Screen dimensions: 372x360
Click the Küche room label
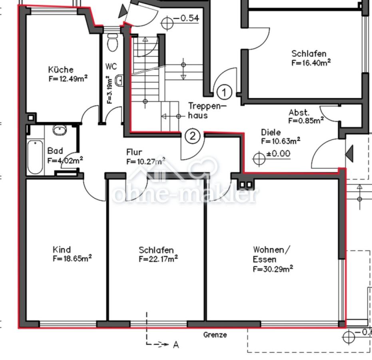pos(61,70)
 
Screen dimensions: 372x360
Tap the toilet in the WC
pos(112,42)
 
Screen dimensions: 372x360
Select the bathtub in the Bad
pos(35,157)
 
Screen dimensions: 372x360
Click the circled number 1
pos(224,92)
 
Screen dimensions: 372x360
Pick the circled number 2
pos(193,136)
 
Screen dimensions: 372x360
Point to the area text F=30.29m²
pos(273,269)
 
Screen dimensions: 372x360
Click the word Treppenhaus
pos(207,111)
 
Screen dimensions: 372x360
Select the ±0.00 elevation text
pos(278,154)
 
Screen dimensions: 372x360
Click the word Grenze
pos(215,335)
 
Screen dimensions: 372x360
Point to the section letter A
pos(176,344)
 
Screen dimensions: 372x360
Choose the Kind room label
pos(62,250)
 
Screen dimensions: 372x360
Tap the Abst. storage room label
pos(299,112)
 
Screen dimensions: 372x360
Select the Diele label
pos(271,132)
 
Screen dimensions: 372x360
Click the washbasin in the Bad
pos(60,130)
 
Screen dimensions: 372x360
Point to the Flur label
pos(134,152)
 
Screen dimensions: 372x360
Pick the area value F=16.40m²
pos(311,63)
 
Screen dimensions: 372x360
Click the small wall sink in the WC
pos(119,80)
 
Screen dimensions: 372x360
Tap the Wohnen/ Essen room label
pos(271,254)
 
